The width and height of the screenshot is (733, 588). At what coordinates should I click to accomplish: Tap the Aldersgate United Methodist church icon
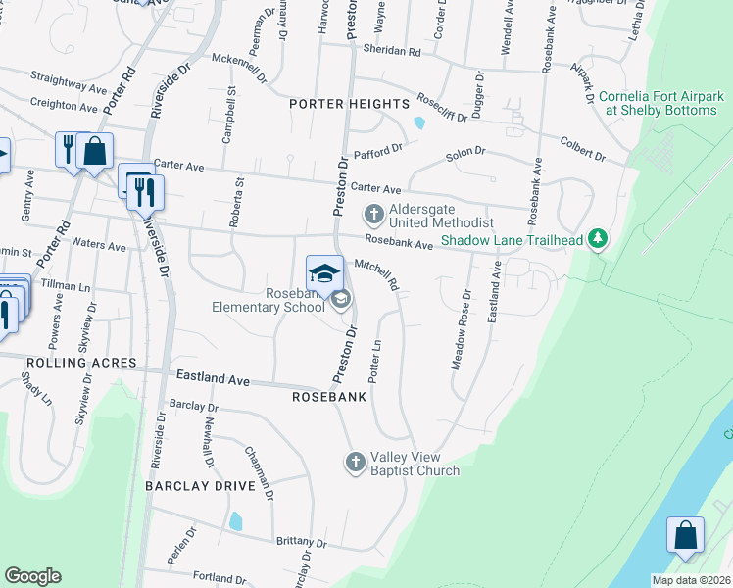click(373, 213)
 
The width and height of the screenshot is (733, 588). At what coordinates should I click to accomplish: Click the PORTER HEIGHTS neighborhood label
click(349, 104)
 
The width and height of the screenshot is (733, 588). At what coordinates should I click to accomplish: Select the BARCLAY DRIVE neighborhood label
click(200, 486)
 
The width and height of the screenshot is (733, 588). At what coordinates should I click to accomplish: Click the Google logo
click(32, 576)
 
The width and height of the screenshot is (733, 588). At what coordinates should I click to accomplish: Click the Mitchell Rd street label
click(376, 274)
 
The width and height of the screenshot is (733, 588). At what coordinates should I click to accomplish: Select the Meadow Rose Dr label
click(461, 328)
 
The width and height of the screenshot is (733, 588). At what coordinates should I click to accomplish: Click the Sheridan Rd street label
click(391, 50)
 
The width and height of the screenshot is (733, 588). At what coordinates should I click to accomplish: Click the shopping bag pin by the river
click(685, 535)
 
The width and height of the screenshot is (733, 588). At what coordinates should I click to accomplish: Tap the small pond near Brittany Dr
click(235, 520)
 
